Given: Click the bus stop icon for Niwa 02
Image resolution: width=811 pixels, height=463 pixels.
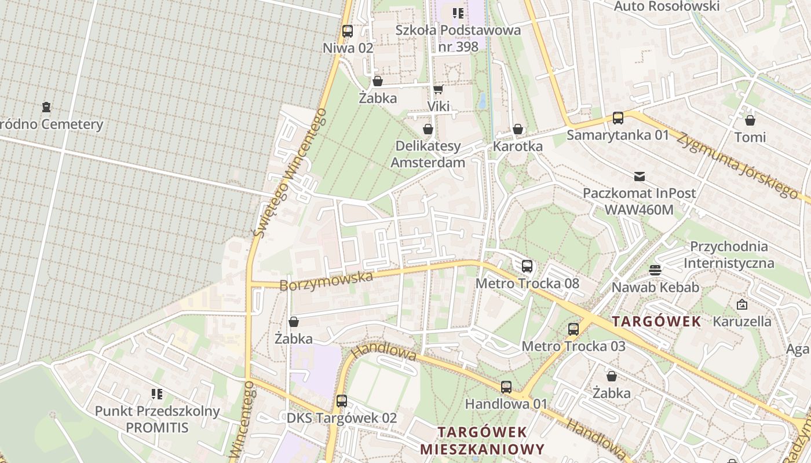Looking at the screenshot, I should click(x=348, y=31).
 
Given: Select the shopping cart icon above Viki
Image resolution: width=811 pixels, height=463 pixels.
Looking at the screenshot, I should click(x=439, y=89).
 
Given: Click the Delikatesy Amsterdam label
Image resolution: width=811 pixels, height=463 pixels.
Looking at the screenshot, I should click(x=428, y=154).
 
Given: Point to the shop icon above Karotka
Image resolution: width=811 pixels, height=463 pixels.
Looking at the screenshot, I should click(x=518, y=129).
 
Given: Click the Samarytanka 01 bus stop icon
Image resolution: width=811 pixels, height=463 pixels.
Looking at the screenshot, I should click(x=618, y=118).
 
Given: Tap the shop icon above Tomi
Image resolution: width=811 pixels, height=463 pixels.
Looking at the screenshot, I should click(x=750, y=120).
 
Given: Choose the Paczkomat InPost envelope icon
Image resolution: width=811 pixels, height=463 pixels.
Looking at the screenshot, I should click(x=640, y=176).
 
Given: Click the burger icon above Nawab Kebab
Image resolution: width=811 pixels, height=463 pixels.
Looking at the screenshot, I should click(x=655, y=270).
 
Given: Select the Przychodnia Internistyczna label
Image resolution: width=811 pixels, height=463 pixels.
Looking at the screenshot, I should click(x=729, y=255).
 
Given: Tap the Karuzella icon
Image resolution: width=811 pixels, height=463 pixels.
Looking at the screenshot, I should click(x=742, y=304).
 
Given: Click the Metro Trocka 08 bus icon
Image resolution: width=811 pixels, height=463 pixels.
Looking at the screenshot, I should click(x=527, y=266).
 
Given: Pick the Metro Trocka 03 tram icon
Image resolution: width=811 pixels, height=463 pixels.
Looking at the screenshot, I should click(x=573, y=329).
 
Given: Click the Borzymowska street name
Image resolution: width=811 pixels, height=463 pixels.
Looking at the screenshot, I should click(x=326, y=281).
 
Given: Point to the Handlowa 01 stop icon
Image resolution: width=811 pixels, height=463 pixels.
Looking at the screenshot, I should click(x=506, y=387).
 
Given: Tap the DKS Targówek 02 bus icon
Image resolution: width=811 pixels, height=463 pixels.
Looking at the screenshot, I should click(x=342, y=400).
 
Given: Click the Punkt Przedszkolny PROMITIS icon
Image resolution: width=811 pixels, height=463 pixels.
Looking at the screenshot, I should click(x=157, y=394).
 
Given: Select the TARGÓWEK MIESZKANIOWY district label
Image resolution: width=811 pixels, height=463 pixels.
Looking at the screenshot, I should click(x=482, y=440).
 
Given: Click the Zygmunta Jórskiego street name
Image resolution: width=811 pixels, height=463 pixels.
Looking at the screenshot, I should click(x=736, y=165).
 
